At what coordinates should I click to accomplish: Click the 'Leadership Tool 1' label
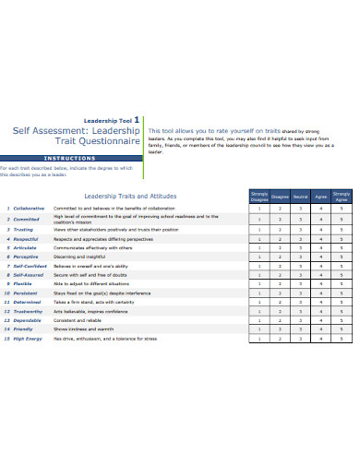point(113,119)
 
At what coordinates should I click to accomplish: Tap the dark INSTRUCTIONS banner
point(70,158)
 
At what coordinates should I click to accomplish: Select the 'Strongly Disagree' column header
point(260,195)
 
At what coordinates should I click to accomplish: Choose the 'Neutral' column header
point(300,196)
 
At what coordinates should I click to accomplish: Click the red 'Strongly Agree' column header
point(341,195)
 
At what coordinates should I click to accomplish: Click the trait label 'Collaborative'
point(30,209)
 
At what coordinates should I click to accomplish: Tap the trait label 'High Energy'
point(29,338)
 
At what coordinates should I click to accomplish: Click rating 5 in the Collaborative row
point(341,209)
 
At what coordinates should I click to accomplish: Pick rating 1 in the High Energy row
point(260,338)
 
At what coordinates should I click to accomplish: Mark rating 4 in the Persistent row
point(321,293)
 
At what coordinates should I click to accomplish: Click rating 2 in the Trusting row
point(281,229)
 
